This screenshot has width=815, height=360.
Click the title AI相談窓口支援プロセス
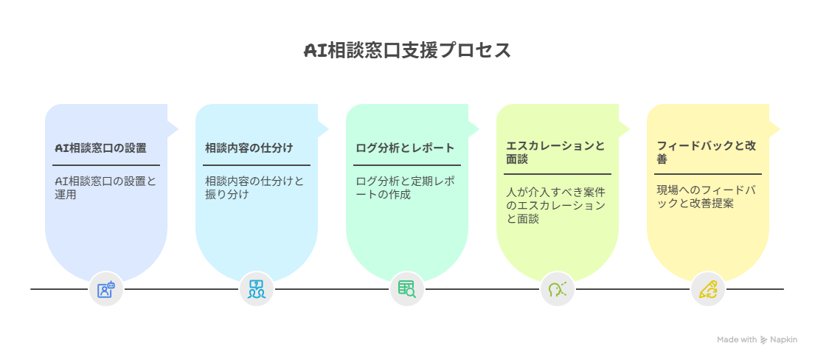click(x=407, y=51)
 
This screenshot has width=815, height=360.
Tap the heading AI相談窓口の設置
click(x=101, y=148)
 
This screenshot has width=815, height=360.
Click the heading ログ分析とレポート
click(x=405, y=148)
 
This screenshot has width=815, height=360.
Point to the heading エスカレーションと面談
click(x=555, y=153)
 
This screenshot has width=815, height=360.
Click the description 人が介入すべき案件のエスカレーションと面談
click(x=555, y=206)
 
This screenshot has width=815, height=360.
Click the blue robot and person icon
click(x=105, y=289)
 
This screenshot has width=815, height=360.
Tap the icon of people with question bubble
click(x=257, y=289)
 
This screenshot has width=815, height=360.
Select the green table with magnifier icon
click(x=407, y=289)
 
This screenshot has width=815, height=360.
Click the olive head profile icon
click(x=557, y=289)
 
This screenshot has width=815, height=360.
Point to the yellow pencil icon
click(x=708, y=289)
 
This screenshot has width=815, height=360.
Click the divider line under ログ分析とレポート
click(x=407, y=165)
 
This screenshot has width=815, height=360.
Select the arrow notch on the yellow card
click(x=775, y=128)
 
